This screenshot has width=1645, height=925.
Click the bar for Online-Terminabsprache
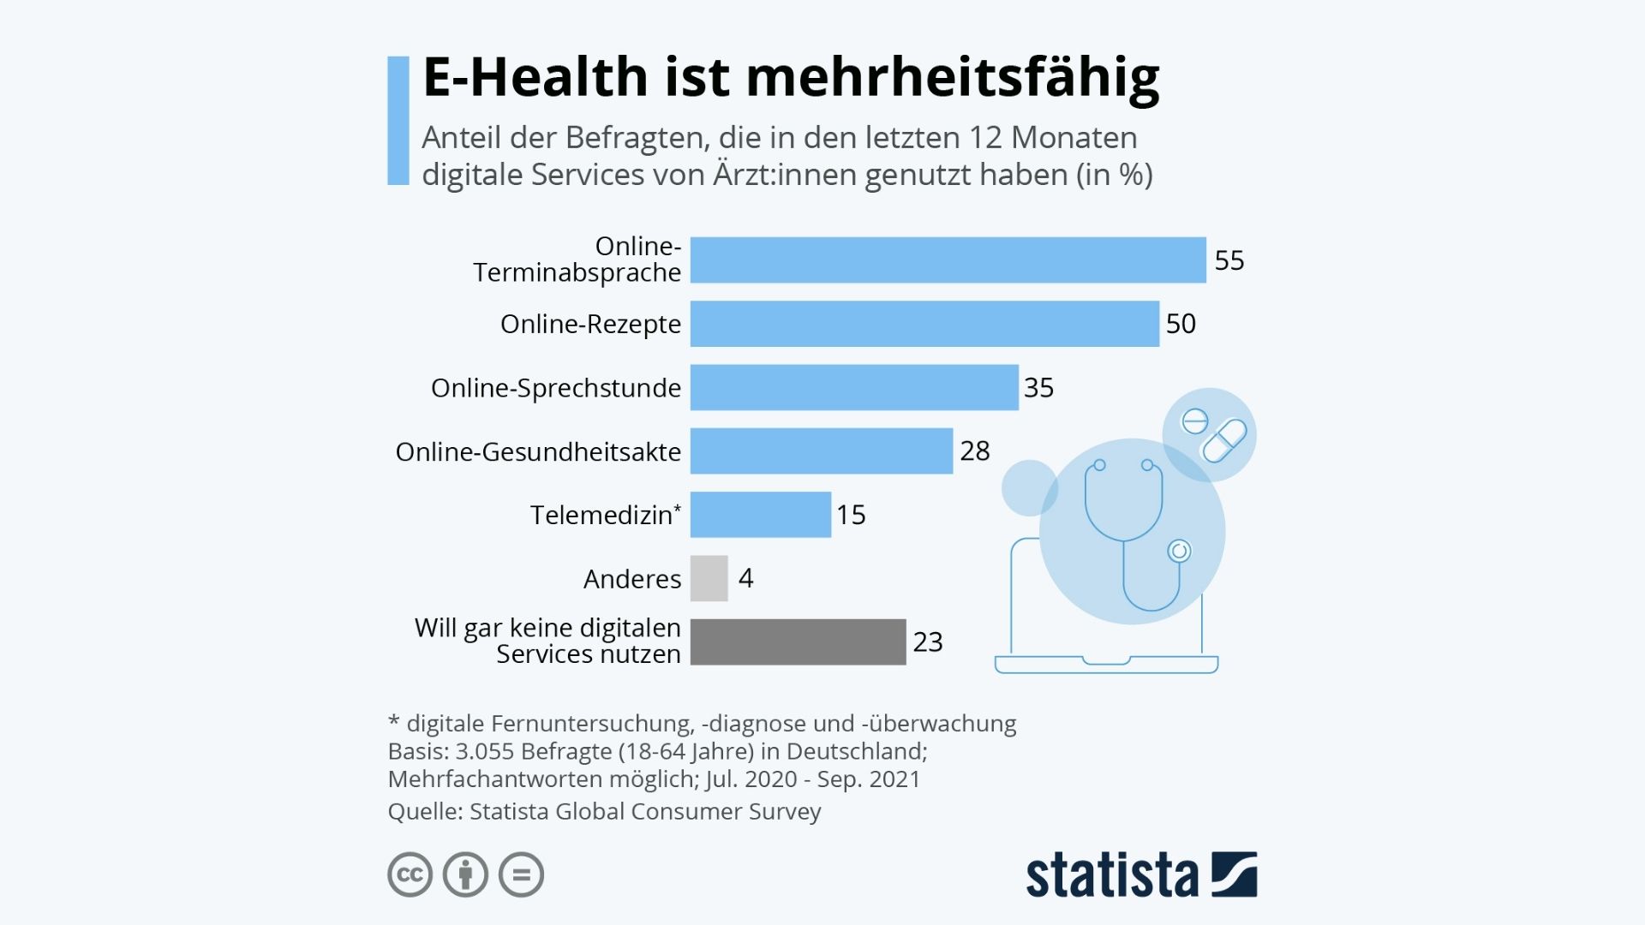click(x=948, y=260)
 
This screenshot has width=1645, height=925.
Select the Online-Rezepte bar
click(x=924, y=324)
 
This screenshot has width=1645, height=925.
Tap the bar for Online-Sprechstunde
click(x=854, y=387)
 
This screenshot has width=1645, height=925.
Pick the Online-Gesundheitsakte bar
click(x=821, y=451)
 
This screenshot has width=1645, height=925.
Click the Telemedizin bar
click(x=760, y=515)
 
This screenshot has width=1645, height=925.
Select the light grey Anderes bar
click(x=709, y=578)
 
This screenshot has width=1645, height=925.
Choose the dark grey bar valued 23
click(x=798, y=642)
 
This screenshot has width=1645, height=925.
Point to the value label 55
click(x=1229, y=260)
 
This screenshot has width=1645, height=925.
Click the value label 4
click(x=745, y=578)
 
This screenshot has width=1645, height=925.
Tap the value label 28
click(x=974, y=451)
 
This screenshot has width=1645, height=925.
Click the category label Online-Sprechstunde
click(x=555, y=388)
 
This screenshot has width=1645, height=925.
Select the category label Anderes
click(x=631, y=579)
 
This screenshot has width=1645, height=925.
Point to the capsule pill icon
click(x=1224, y=440)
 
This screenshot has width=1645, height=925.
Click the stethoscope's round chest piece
click(x=1179, y=551)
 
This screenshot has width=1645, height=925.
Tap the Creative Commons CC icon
click(x=410, y=874)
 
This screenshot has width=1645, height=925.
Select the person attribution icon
click(x=465, y=874)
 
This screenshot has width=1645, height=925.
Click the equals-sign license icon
click(x=521, y=874)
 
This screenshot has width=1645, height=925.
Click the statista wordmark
click(x=1111, y=875)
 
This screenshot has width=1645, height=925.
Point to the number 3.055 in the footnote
click(x=484, y=752)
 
